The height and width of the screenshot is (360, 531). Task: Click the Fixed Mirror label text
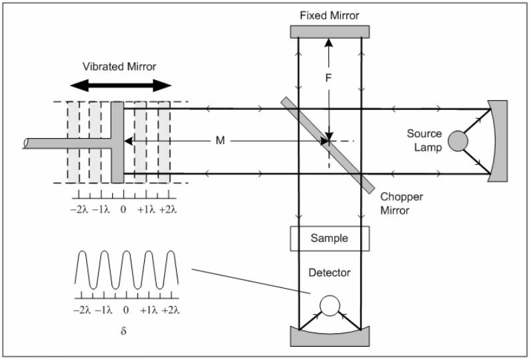330,14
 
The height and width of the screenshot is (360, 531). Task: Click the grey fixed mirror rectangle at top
330,31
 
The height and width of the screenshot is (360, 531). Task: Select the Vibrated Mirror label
121,67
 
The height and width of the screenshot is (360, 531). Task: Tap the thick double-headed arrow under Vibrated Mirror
121,85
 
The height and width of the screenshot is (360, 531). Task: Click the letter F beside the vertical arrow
328,77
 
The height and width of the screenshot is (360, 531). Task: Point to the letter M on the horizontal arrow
219,141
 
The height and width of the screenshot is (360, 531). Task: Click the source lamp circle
458,141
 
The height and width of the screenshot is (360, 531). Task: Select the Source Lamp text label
424,141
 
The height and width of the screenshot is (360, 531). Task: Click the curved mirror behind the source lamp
498,140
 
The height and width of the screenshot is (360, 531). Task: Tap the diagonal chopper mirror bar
327,143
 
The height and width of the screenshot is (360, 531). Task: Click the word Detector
330,273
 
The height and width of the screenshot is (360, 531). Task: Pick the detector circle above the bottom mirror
329,305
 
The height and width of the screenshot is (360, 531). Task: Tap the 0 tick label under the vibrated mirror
123,209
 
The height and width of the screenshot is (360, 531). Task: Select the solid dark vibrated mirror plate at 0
118,142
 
